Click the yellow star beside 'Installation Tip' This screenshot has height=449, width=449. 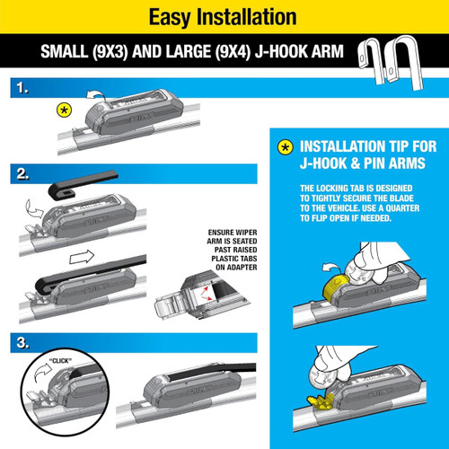point(285,147)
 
